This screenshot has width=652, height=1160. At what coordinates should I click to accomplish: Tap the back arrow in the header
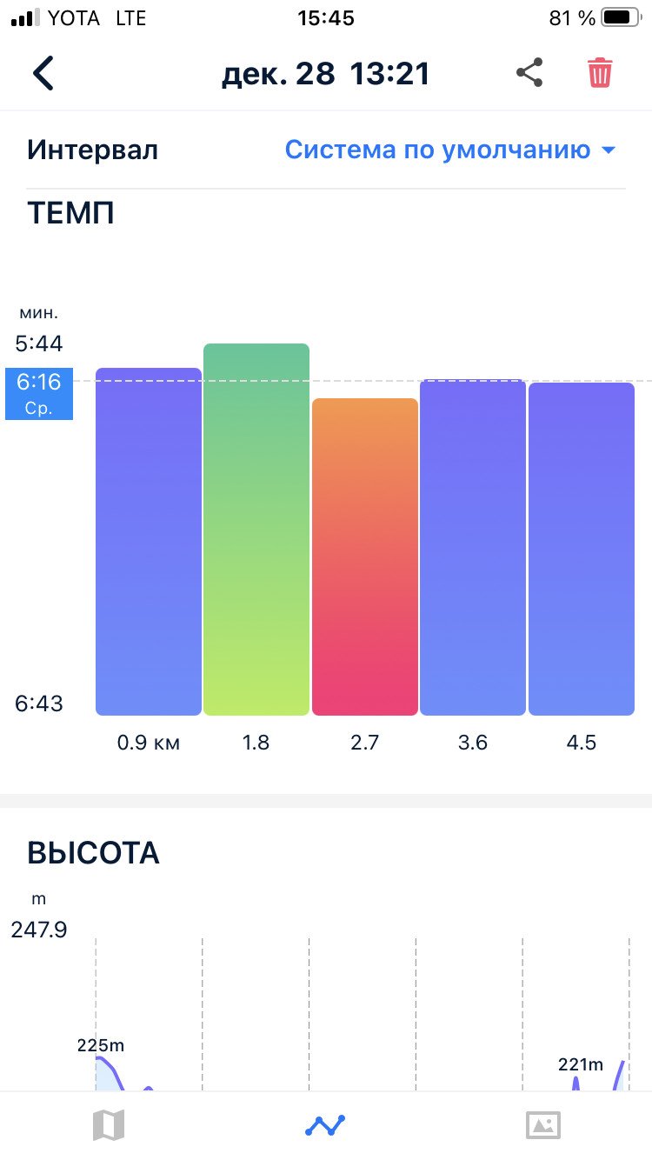click(43, 73)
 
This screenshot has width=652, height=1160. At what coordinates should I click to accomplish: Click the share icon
click(529, 72)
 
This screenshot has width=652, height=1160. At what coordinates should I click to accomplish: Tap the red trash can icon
click(600, 73)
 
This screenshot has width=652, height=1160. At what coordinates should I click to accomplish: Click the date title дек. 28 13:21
click(326, 74)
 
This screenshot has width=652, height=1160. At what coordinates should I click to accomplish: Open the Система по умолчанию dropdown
click(450, 150)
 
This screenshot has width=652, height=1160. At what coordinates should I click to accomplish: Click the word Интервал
click(92, 150)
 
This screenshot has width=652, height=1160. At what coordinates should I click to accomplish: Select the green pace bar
click(256, 530)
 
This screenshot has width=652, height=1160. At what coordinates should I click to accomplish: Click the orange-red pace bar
click(364, 557)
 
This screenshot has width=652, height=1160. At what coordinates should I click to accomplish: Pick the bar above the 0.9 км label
click(149, 542)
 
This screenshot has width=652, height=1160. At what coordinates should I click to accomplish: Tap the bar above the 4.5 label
click(581, 549)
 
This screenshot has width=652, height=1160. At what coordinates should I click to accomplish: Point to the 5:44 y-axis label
click(39, 343)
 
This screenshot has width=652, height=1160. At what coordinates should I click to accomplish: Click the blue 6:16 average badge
click(39, 394)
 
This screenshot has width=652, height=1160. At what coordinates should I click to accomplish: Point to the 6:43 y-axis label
click(39, 703)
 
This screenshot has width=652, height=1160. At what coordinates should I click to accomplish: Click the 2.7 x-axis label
click(364, 743)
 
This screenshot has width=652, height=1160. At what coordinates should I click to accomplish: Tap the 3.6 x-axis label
click(473, 743)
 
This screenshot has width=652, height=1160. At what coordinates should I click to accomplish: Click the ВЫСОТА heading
click(93, 852)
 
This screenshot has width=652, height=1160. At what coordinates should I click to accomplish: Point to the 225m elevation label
click(101, 1045)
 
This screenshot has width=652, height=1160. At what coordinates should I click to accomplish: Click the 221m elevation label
click(581, 1064)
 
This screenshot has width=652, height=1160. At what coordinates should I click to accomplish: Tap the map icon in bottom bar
click(109, 1125)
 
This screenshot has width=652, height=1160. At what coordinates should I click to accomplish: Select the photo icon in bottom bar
click(542, 1125)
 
